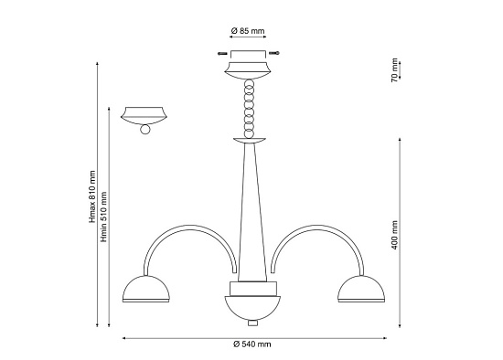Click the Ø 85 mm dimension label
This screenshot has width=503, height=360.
coord(248,31)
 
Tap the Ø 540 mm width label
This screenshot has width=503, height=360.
coord(252,344)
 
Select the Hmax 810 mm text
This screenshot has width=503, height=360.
coord(92,196)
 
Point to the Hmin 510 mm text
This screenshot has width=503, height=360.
coord(103,217)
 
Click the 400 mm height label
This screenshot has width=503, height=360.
coord(394,235)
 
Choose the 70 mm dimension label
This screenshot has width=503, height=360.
coord(394,70)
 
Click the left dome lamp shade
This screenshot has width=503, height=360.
coord(146,289)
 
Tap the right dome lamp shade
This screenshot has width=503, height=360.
coord(361,289)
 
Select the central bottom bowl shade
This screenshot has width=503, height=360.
coord(252,307)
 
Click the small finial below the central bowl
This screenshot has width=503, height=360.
coord(252,323)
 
